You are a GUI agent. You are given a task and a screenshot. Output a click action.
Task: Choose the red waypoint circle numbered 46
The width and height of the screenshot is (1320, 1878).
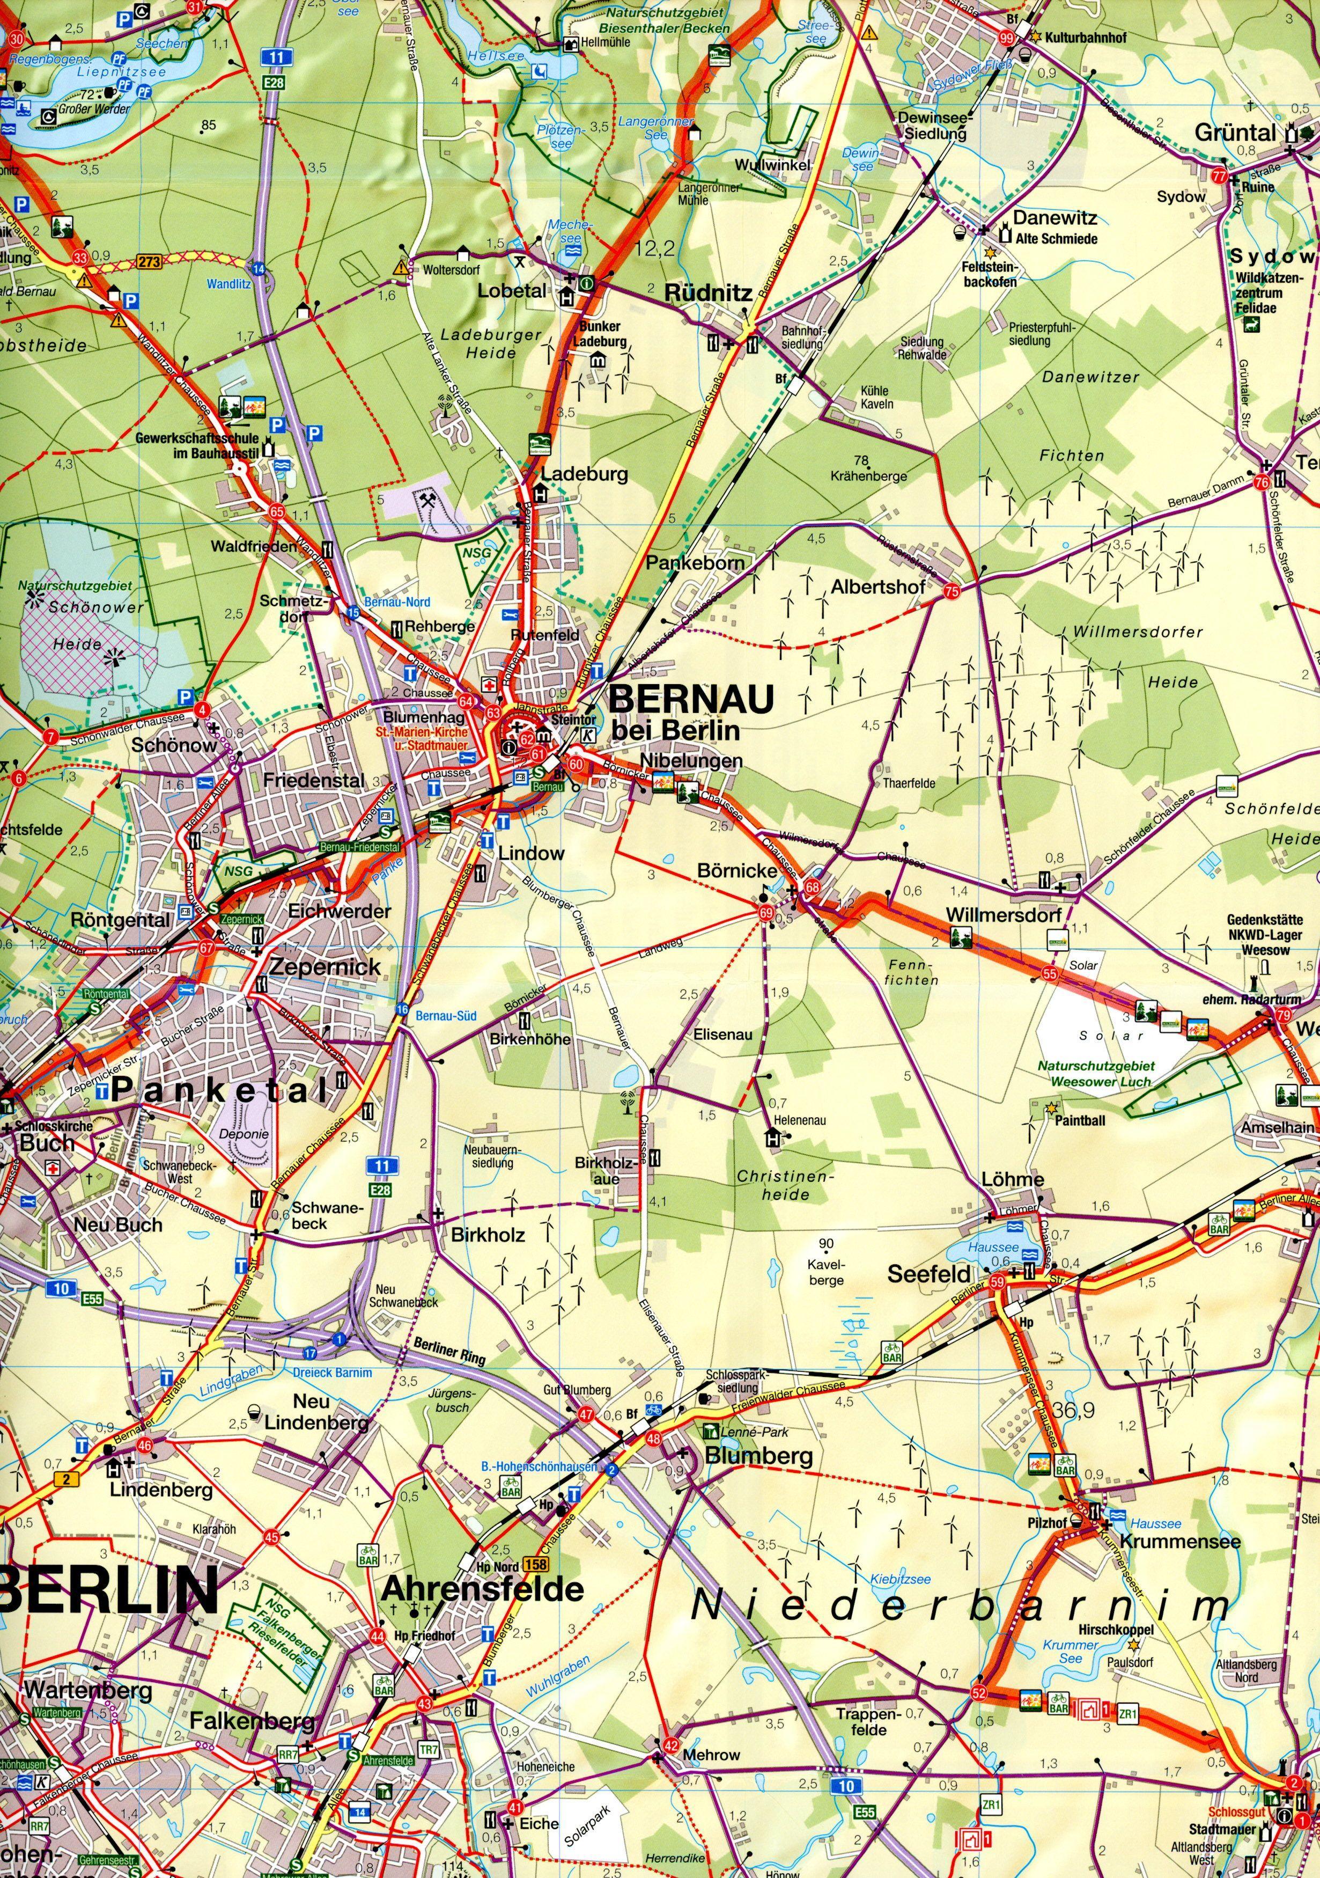click(x=145, y=1446)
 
